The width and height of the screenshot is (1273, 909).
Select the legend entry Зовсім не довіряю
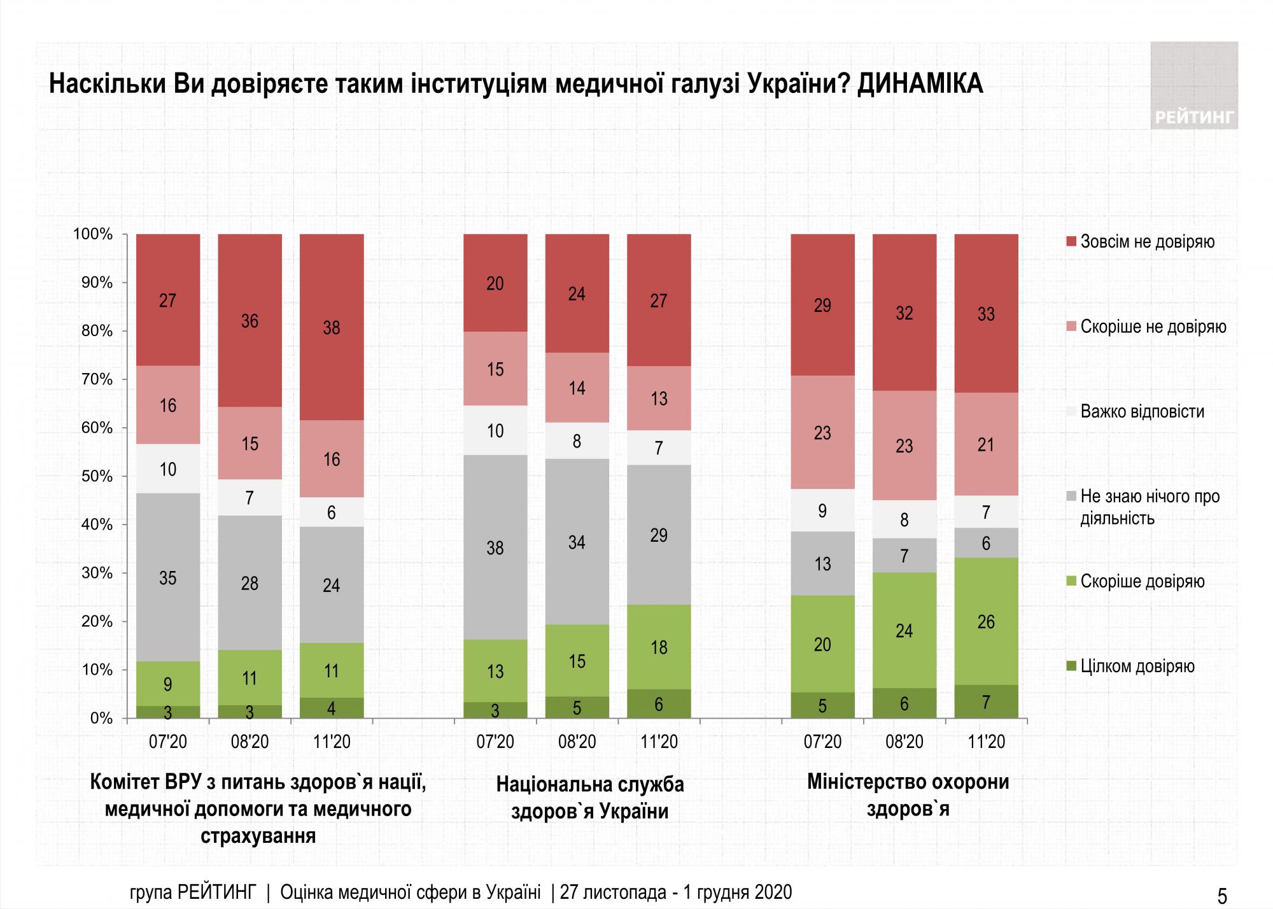[1147, 242]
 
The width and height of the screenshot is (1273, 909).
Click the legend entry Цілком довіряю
[1137, 666]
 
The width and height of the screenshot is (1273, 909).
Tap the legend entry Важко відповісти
[1142, 411]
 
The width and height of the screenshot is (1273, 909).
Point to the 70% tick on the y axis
[97, 379]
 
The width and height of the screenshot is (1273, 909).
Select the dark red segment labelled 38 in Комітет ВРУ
[332, 327]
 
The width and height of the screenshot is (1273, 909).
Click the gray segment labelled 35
[168, 577]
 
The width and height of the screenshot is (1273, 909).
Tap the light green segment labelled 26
[986, 621]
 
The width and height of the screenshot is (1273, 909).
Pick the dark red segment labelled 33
[986, 313]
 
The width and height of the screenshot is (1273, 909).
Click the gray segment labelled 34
[577, 542]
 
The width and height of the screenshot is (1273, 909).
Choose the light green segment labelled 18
[659, 647]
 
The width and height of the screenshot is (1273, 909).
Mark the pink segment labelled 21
[986, 444]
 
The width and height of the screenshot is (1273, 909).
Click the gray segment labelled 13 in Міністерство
[822, 563]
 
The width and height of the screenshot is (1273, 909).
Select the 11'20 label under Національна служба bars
[659, 742]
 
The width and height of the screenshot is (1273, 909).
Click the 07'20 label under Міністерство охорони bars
[822, 742]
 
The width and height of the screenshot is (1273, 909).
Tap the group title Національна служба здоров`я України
[589, 798]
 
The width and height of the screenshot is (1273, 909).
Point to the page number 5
[1222, 896]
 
